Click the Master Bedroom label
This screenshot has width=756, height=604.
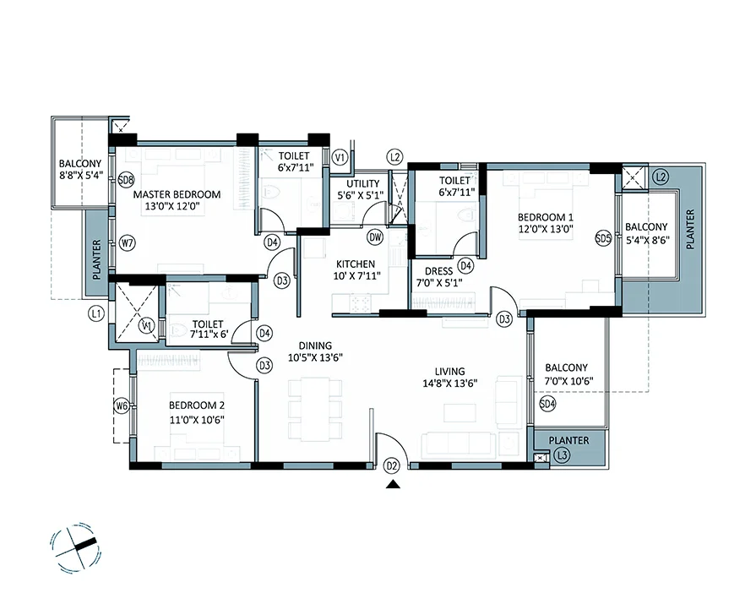[177, 195]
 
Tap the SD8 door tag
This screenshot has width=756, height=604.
[126, 181]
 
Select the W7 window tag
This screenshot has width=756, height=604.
[127, 243]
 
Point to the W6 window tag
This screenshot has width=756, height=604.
[122, 406]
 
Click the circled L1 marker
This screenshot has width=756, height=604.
[96, 315]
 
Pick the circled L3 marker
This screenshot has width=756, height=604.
[562, 455]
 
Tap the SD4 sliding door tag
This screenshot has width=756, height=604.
[547, 404]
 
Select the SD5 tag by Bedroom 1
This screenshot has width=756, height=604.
[603, 238]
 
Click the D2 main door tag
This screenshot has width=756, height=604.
[391, 466]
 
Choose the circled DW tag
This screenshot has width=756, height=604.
[375, 237]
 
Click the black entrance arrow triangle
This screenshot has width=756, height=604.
[393, 484]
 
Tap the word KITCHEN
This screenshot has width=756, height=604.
[356, 264]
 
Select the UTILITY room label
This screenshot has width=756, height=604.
[362, 183]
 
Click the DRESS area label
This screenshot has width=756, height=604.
[438, 271]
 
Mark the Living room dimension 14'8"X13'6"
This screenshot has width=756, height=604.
[450, 384]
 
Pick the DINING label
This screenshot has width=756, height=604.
[315, 346]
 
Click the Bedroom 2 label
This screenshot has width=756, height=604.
[197, 405]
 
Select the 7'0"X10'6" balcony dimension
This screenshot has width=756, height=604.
[568, 381]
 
